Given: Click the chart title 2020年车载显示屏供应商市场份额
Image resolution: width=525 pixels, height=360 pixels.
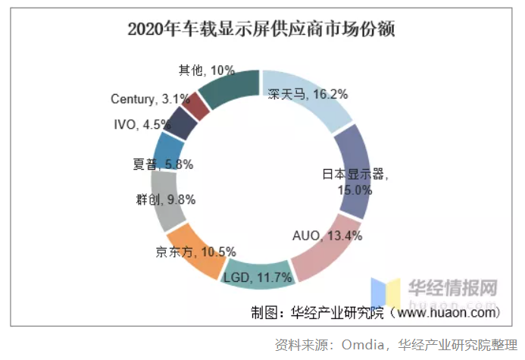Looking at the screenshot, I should click(261, 29).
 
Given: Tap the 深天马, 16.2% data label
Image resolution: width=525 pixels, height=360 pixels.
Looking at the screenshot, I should click(308, 95).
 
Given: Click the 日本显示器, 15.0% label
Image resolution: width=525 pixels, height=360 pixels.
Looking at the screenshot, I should click(355, 182).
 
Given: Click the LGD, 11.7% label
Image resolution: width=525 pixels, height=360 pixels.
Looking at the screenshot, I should click(258, 278).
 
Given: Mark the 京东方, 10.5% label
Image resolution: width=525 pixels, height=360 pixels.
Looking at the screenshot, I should click(195, 252).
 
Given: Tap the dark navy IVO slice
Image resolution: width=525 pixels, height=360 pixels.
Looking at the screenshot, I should click(182, 124).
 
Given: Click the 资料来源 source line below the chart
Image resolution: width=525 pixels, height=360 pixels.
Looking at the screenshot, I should click(395, 344).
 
